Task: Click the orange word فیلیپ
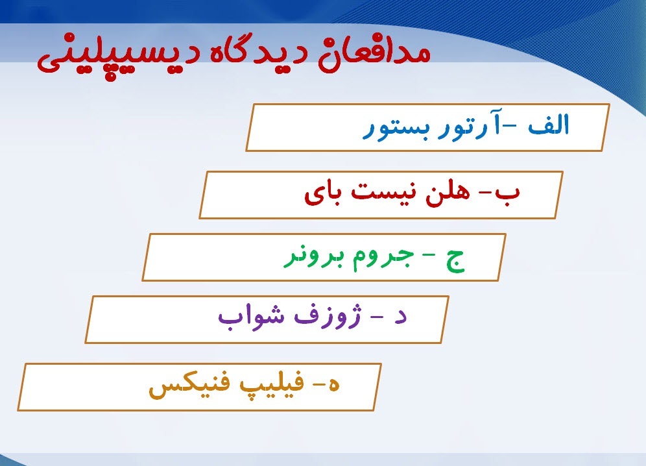[272, 387]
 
